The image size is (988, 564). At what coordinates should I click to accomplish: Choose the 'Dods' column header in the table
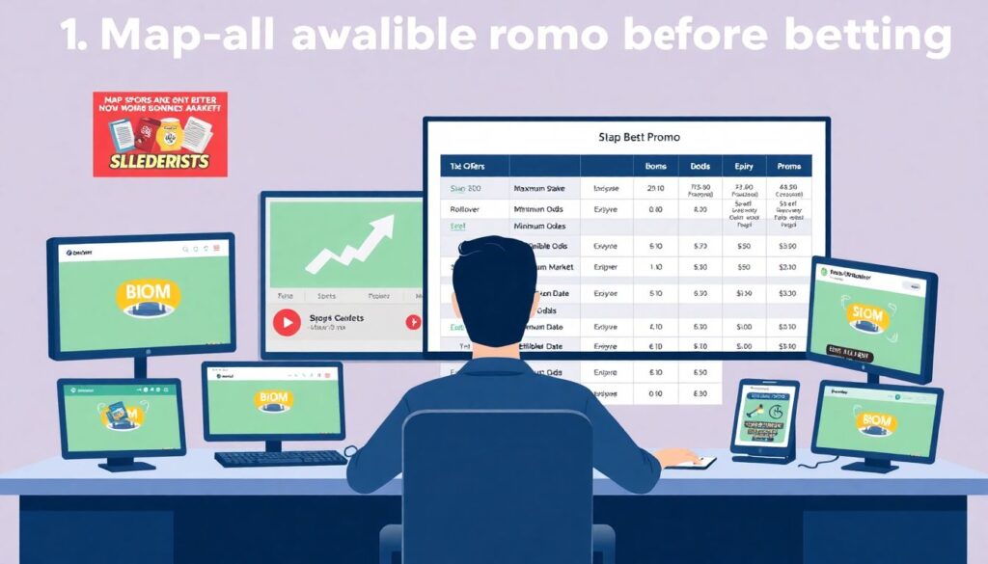700,167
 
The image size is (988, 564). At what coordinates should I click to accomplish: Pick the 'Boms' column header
655,167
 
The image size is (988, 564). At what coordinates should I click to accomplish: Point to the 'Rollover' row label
465,208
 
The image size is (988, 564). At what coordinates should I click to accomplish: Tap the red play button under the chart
287,322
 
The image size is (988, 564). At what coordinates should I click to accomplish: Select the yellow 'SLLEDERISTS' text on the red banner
160,160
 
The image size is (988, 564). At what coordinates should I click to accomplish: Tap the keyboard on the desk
280,457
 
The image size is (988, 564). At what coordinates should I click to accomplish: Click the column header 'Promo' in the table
788,167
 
